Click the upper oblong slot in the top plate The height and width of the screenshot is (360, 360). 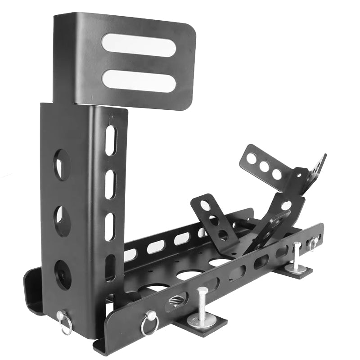tap(138, 45)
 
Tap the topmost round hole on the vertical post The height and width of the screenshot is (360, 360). tap(62, 165)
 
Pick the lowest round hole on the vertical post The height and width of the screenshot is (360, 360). tap(62, 274)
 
